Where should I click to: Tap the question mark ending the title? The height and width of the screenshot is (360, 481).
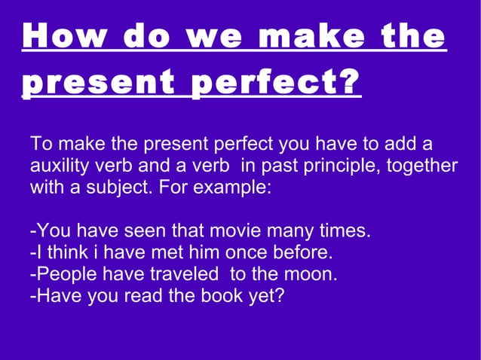click(348, 84)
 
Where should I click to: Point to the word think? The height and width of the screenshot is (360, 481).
click(66, 252)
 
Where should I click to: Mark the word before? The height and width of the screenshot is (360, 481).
click(304, 252)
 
